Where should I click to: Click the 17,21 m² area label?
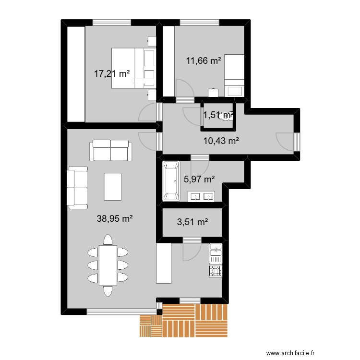pos(112,74)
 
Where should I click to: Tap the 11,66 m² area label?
pos(204,61)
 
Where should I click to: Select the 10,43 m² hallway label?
pos(221,141)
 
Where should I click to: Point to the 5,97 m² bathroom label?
pos(199,180)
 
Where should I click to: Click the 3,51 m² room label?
pos(192,222)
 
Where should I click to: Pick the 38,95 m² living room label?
pos(115,218)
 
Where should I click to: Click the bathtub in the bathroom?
pos(171,181)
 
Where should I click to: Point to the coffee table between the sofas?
pos(113,186)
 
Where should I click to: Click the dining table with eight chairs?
pos(108,265)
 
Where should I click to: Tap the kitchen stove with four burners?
pos(215,271)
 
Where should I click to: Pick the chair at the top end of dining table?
pos(108,240)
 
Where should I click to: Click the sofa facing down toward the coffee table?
pos(111,150)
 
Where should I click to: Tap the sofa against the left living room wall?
pos(77,188)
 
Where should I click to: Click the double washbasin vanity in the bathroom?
pos(202,196)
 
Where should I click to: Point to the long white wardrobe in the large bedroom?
pos(75,74)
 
